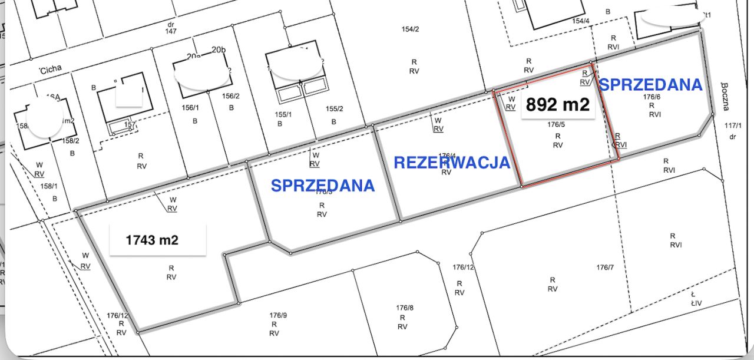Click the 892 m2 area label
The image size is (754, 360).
click(557, 105)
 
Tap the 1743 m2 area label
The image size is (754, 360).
click(152, 240)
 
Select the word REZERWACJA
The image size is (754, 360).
click(451, 163)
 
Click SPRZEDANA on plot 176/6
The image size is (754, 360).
click(651, 85)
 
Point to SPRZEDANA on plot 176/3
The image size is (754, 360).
click(323, 186)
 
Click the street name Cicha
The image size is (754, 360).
click(51, 70)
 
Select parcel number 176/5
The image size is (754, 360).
click(556, 125)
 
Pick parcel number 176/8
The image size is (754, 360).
click(405, 308)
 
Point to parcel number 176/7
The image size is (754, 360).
click(604, 267)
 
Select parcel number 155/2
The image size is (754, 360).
click(334, 108)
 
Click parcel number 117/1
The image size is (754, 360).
click(733, 125)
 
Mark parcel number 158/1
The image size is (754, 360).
click(49, 186)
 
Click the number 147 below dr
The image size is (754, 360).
click(171, 31)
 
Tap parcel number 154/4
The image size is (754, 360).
click(581, 21)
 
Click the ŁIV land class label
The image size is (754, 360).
click(697, 303)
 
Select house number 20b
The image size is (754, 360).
click(219, 50)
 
